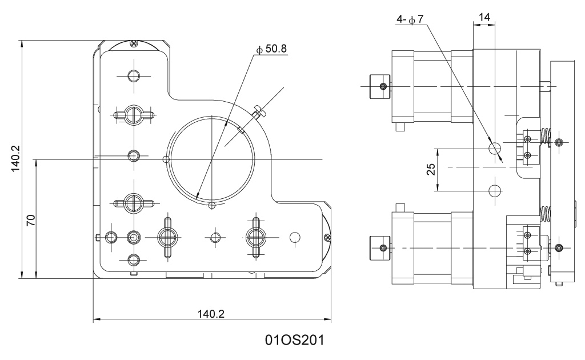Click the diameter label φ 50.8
click(272, 50)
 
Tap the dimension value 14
click(484, 17)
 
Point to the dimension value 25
click(432, 169)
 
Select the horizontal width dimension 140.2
click(211, 314)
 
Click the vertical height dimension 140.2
click(15, 159)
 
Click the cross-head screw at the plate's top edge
click(133, 43)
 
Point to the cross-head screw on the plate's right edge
click(327, 237)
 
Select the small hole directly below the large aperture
click(212, 205)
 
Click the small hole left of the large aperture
click(166, 158)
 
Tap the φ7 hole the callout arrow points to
click(495, 149)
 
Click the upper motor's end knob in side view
click(379, 86)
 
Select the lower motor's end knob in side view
click(379, 247)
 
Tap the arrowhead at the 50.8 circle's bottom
click(197, 197)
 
